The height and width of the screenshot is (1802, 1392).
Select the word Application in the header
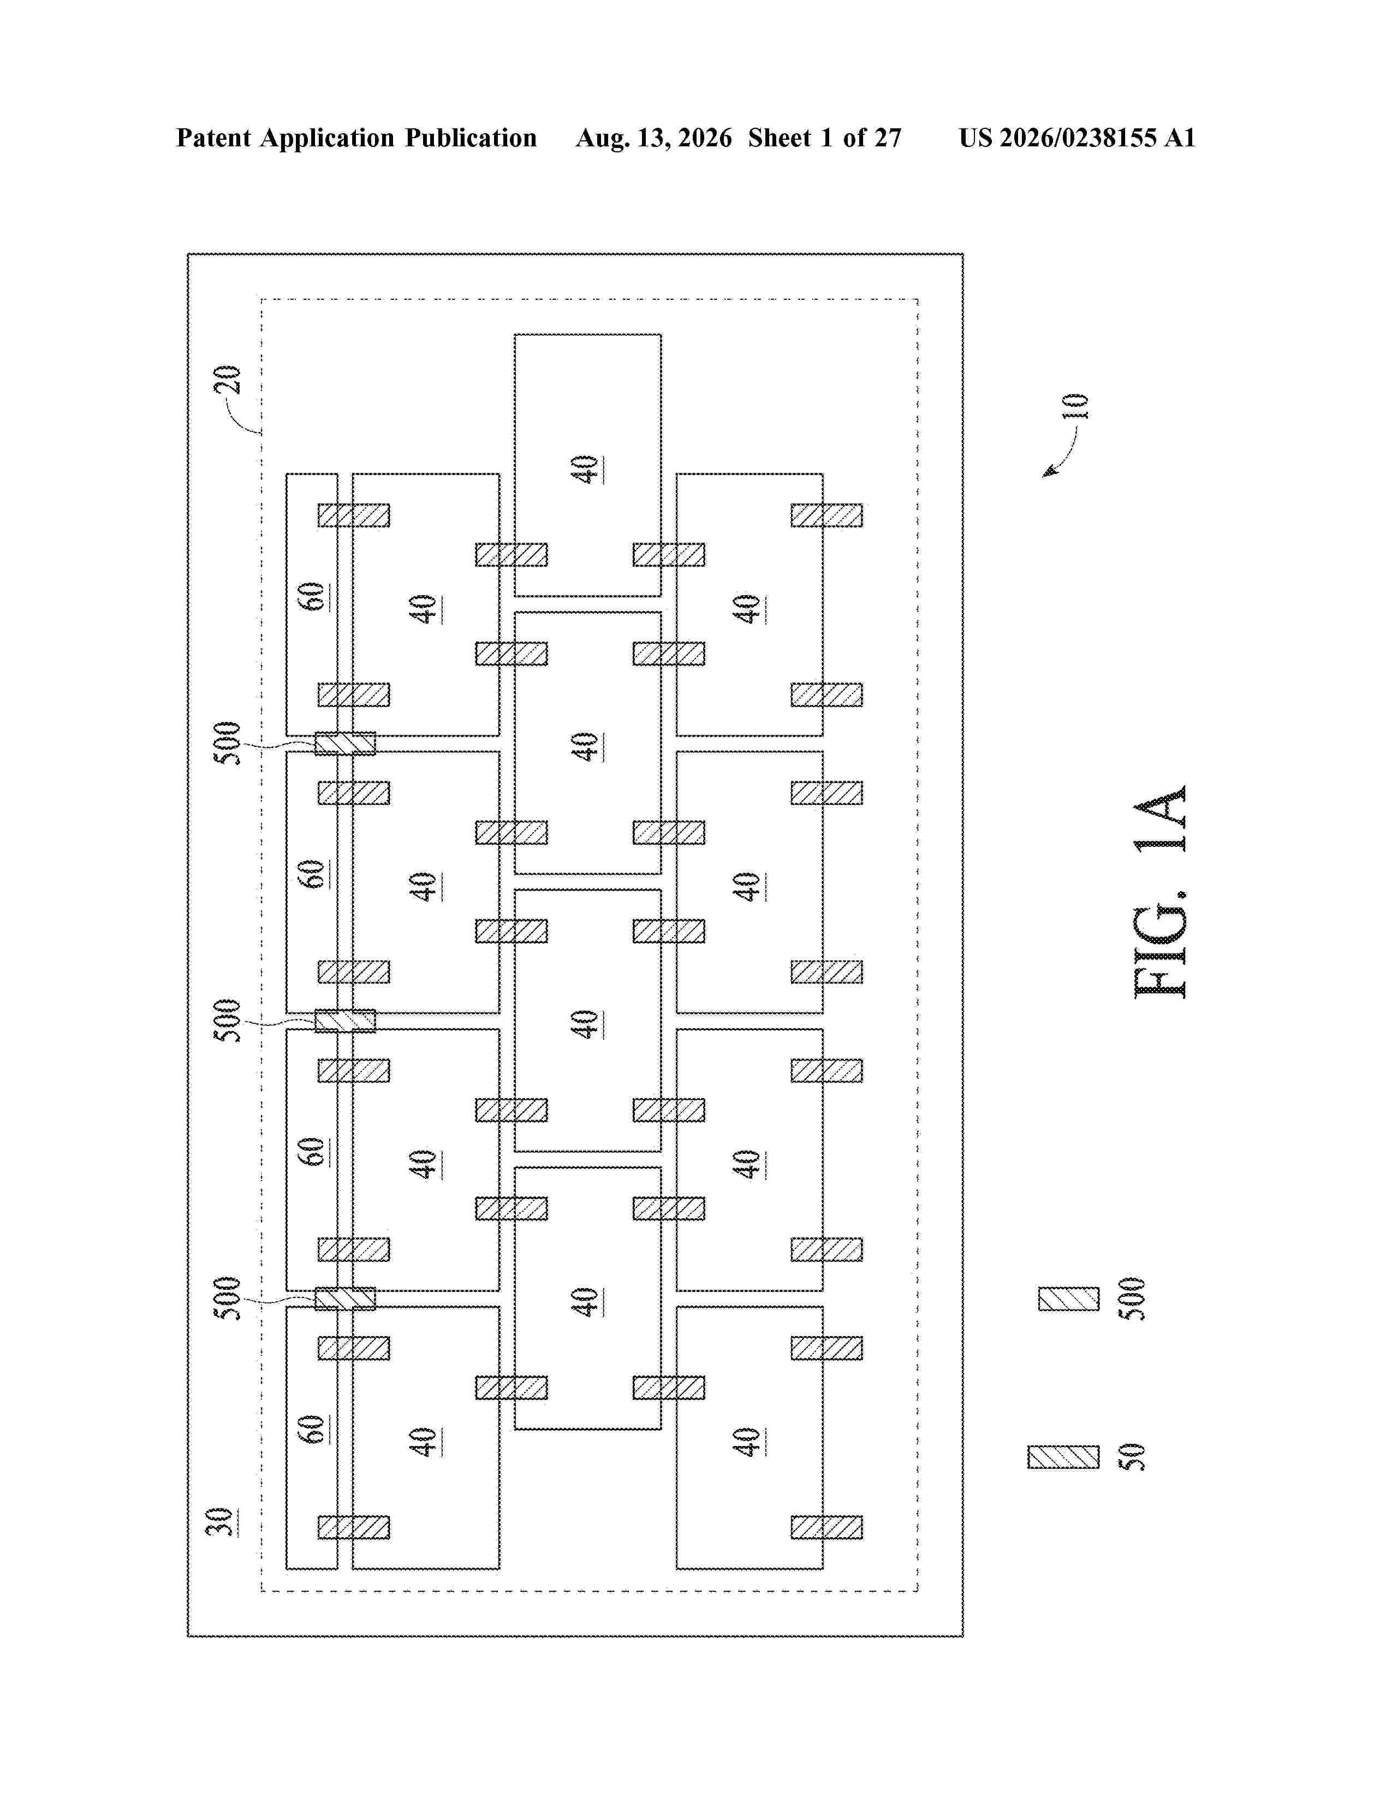pyautogui.click(x=328, y=139)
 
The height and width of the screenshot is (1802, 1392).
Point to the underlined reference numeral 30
pyautogui.click(x=219, y=1521)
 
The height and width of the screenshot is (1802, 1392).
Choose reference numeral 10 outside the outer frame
pyautogui.click(x=1075, y=406)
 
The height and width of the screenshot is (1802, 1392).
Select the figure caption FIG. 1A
pyautogui.click(x=1161, y=892)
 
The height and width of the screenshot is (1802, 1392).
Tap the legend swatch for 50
pyautogui.click(x=1063, y=1457)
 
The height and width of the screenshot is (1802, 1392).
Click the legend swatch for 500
pyautogui.click(x=1069, y=1299)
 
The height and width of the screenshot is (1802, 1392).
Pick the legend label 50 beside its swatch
pyautogui.click(x=1135, y=1456)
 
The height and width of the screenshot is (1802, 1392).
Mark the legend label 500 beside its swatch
pyautogui.click(x=1135, y=1299)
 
